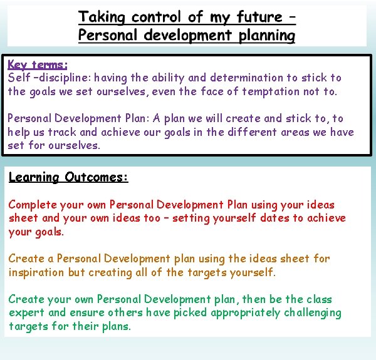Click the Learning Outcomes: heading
[68, 177]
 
